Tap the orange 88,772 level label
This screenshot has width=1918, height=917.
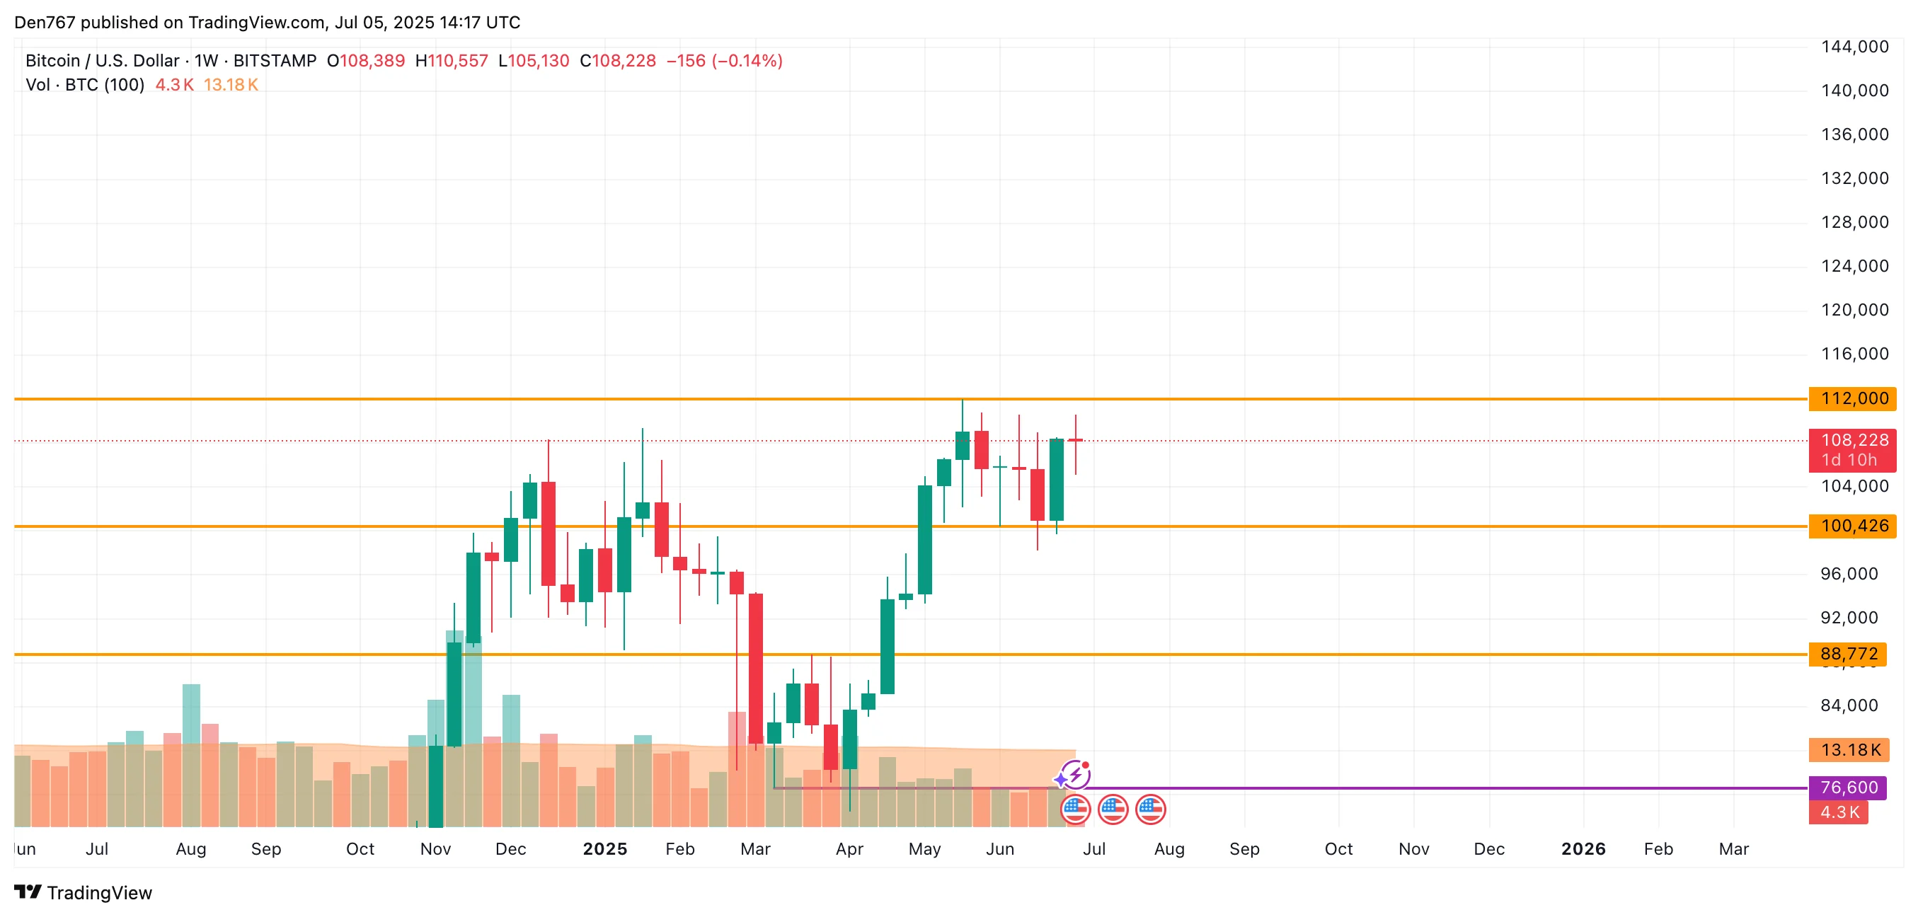(1849, 654)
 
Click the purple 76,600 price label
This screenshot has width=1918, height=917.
(1849, 788)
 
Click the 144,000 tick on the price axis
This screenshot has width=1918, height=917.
(1854, 47)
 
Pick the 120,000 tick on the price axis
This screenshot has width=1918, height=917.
(1854, 311)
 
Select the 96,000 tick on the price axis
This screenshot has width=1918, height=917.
(1849, 574)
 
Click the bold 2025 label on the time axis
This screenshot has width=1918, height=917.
(604, 849)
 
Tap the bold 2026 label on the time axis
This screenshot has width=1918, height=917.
(1583, 849)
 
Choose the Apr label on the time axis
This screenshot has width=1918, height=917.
(849, 849)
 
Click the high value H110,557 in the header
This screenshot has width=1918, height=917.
(452, 61)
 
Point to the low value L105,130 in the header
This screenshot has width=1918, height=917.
(533, 61)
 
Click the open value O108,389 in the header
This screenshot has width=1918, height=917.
(366, 61)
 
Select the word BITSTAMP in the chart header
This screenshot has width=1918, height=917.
(275, 61)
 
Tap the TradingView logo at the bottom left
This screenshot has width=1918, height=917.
(84, 892)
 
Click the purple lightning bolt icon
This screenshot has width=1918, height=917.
(1075, 775)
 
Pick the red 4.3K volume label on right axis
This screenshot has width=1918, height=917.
(1839, 812)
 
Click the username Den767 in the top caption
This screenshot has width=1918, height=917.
(45, 23)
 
